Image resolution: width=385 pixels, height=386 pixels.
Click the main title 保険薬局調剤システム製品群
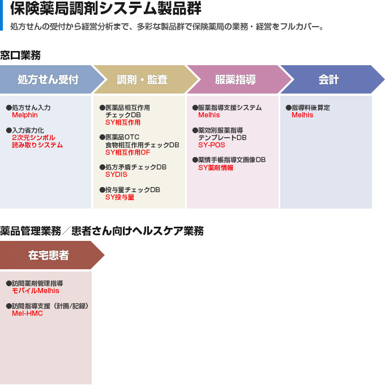click(x=106, y=9)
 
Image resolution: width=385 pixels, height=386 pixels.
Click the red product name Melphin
click(x=25, y=115)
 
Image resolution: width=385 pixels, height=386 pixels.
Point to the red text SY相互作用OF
click(x=127, y=152)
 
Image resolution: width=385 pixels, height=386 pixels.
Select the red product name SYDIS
click(x=116, y=175)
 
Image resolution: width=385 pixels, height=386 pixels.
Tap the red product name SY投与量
click(x=120, y=197)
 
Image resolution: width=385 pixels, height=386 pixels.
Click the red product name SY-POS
click(x=212, y=145)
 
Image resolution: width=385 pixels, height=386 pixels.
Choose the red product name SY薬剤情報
click(x=216, y=168)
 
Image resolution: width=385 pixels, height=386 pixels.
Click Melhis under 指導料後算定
click(x=302, y=115)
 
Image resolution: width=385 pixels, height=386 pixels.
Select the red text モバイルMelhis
click(x=36, y=291)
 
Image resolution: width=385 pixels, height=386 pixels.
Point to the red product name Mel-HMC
click(x=27, y=313)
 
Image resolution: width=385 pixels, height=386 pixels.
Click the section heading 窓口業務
click(x=20, y=55)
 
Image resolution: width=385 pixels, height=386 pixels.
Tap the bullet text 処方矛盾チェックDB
click(x=136, y=167)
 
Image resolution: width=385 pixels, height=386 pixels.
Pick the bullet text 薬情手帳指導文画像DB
click(x=232, y=160)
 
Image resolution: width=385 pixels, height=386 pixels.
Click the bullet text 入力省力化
click(x=28, y=130)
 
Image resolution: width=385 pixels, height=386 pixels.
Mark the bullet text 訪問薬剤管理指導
click(x=37, y=283)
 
